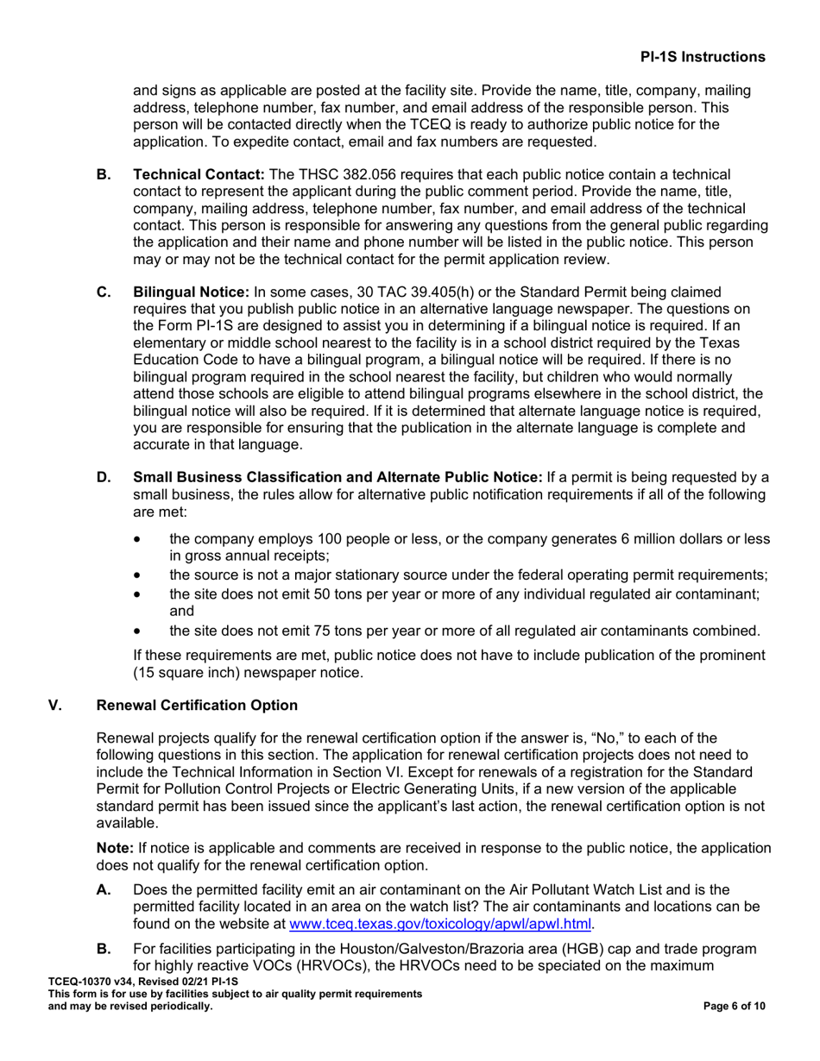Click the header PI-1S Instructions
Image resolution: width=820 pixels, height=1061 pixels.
coord(702,57)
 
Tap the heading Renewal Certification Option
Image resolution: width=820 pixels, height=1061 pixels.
coord(197,706)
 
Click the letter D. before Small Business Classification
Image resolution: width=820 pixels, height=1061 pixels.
coord(104,478)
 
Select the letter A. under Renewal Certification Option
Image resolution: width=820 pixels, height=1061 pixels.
coord(104,890)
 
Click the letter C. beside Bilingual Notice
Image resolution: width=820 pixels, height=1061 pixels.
coord(104,292)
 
